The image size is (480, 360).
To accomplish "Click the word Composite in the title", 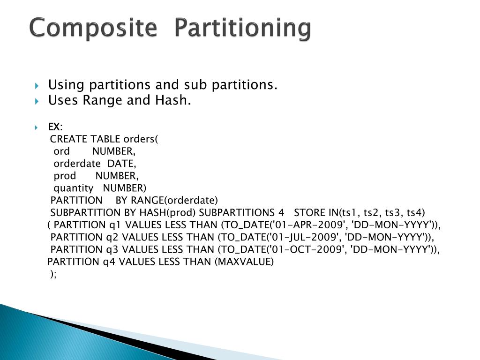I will [x=92, y=29].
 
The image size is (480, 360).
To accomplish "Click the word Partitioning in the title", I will [x=242, y=29].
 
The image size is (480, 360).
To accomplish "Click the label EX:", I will [x=55, y=127].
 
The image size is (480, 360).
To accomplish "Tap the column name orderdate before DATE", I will [x=77, y=164].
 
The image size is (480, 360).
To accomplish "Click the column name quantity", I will [x=74, y=188].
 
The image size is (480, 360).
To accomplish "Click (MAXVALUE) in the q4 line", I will [x=244, y=262].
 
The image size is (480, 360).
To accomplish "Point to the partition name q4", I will [x=108, y=262].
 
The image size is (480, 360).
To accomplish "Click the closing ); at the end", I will [x=53, y=274].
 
